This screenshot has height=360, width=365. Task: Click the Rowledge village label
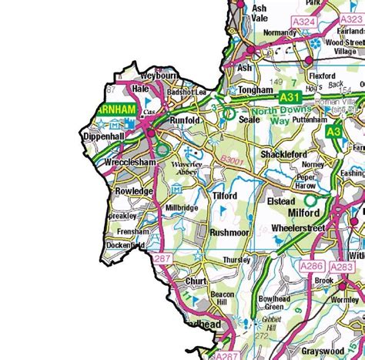(134, 190)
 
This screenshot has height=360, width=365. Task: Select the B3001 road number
(231, 160)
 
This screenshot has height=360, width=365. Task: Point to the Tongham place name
(256, 90)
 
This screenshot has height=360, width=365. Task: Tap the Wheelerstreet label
(305, 229)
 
